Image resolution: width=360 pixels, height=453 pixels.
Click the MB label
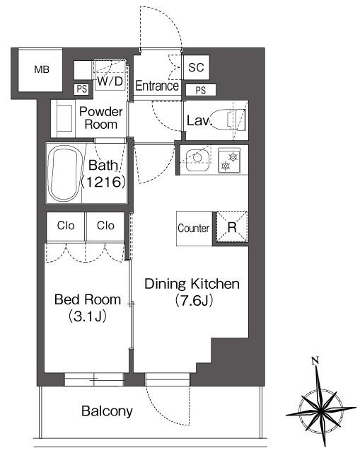[42, 69]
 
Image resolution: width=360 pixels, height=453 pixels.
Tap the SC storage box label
[196, 67]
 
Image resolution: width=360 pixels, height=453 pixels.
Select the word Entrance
[157, 86]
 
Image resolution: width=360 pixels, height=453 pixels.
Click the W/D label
[110, 81]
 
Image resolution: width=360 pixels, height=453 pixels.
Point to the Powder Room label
[101, 118]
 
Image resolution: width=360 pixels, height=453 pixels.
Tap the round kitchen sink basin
[197, 158]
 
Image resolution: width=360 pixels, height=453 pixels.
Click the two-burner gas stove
[229, 161]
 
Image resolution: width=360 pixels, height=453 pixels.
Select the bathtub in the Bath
[64, 173]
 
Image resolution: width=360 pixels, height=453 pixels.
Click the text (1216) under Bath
[103, 182]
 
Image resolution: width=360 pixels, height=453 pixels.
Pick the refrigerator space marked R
[232, 226]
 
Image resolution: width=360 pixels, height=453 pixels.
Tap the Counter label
[193, 228]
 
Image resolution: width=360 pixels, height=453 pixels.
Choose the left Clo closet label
[66, 226]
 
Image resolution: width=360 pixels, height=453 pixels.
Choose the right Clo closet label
[105, 226]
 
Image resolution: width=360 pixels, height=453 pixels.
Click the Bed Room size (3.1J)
[87, 316]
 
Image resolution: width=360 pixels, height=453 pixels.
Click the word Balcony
[107, 411]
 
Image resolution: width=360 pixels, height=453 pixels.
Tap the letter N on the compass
[315, 360]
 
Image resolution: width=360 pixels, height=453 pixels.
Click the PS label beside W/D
[82, 89]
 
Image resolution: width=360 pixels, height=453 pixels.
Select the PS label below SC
[201, 91]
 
